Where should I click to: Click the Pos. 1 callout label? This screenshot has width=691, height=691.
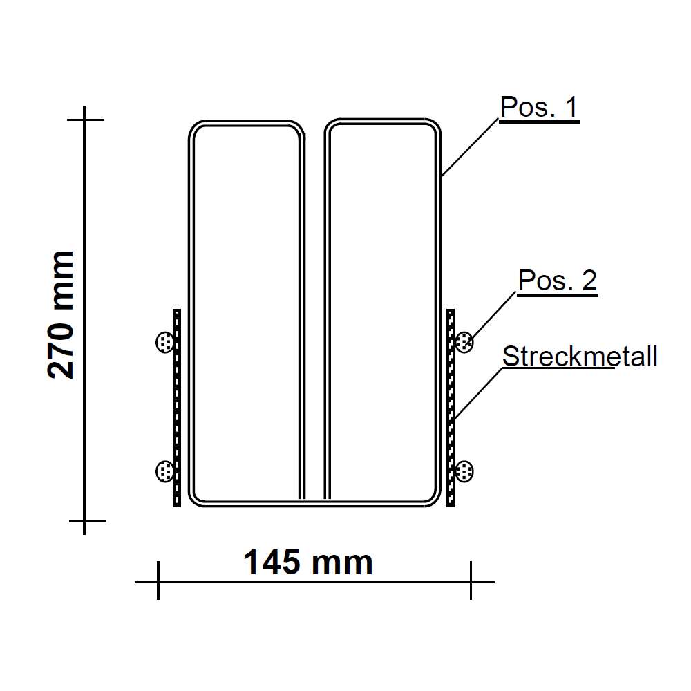(538, 108)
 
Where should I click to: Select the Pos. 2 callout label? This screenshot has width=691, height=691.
(557, 281)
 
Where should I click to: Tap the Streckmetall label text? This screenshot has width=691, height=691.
(579, 357)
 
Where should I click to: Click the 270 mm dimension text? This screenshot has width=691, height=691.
(61, 314)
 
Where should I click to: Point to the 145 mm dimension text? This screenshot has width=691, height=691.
(308, 563)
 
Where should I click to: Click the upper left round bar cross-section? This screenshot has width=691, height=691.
(164, 341)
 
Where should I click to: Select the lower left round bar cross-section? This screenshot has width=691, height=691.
(164, 471)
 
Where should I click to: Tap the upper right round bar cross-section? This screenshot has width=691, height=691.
(464, 341)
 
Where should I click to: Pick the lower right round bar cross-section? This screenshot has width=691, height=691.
(464, 472)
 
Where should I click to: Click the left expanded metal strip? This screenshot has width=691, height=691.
(177, 408)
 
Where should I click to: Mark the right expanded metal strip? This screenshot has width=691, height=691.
(451, 408)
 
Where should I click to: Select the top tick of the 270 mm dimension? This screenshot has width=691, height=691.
(84, 120)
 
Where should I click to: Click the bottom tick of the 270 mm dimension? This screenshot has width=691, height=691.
(84, 520)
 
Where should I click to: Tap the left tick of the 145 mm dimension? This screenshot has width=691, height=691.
(158, 581)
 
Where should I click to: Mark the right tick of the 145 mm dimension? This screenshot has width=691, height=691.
(471, 581)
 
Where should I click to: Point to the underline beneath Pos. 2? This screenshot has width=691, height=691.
(557, 295)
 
